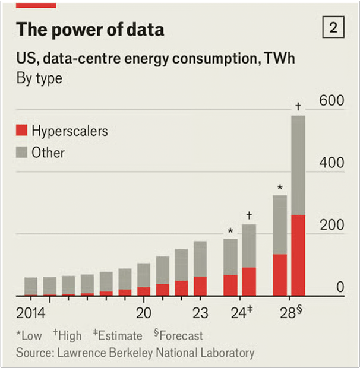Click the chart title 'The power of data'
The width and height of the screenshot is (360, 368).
(90, 29)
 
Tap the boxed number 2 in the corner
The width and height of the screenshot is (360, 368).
(333, 27)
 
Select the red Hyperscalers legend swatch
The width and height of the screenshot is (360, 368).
(21, 131)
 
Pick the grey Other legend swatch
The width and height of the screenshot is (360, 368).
(21, 153)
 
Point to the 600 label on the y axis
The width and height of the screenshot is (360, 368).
(331, 101)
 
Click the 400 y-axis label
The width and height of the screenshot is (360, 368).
(331, 163)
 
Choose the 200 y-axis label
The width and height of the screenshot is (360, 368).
(331, 225)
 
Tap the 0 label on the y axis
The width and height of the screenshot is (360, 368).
(340, 287)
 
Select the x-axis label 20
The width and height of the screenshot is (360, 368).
(144, 313)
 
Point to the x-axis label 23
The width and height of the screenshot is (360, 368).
(200, 313)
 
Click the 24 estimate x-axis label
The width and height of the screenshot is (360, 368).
(239, 313)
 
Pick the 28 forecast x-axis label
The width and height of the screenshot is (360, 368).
(288, 313)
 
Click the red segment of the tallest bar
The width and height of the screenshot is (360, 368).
(298, 255)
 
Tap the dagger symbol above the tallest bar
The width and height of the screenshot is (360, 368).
(298, 107)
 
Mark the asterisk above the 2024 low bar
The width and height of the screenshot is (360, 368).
(230, 231)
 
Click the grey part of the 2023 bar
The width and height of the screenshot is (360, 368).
(200, 259)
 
